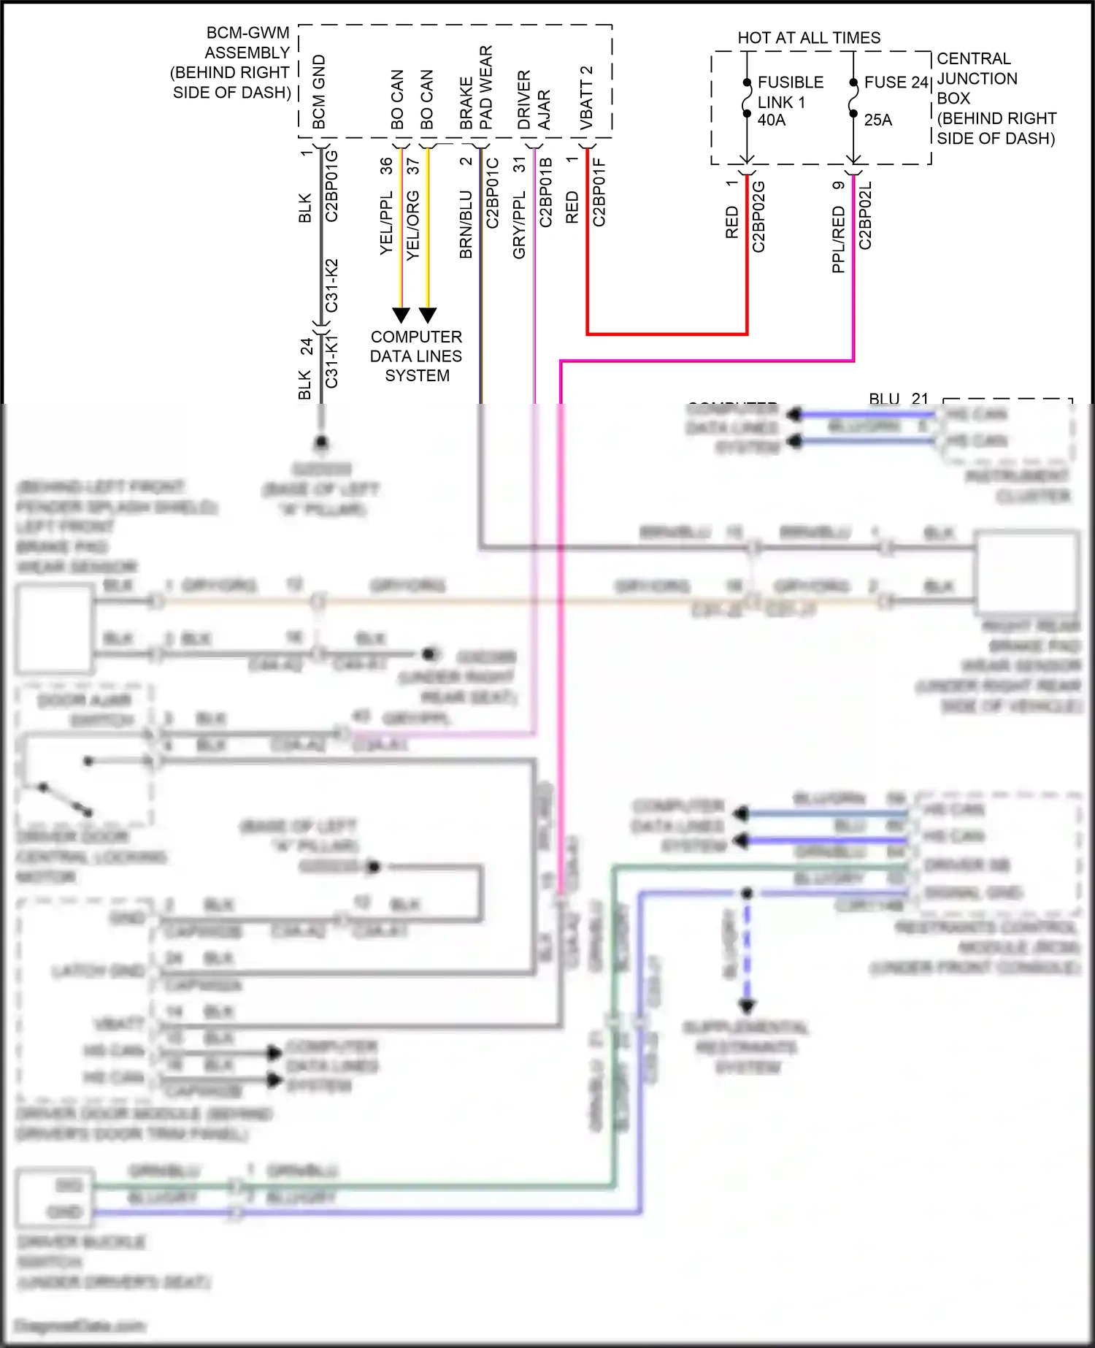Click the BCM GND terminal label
(x=319, y=92)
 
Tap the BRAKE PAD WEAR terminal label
(x=476, y=88)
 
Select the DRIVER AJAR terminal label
(x=534, y=100)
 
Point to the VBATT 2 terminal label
(x=586, y=98)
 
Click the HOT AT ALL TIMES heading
(x=809, y=38)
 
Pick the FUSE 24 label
(x=896, y=83)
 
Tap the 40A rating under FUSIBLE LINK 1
(x=772, y=120)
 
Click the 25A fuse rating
(x=878, y=120)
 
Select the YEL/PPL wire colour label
(x=386, y=223)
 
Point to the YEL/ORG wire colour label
(x=413, y=225)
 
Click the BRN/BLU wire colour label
(x=466, y=224)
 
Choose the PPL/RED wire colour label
(x=838, y=240)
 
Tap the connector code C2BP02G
(x=759, y=217)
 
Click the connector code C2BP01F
(x=599, y=192)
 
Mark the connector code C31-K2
(x=332, y=286)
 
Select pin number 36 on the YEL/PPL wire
(x=386, y=166)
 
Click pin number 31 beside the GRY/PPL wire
(x=519, y=165)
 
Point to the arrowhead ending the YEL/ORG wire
(x=428, y=315)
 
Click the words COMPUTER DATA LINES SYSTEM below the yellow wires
(x=416, y=356)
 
